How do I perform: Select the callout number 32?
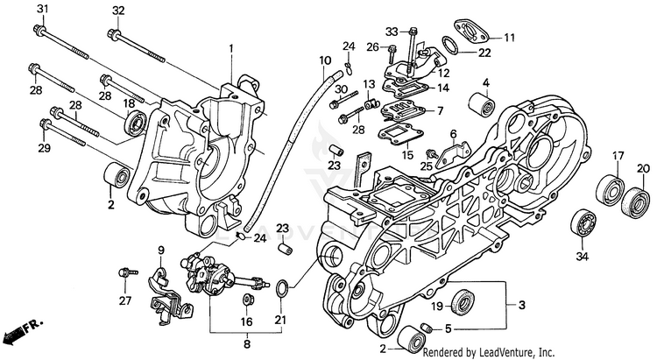[118, 10]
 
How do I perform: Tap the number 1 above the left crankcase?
[232, 47]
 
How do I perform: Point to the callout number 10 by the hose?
[325, 60]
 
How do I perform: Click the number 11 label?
[509, 38]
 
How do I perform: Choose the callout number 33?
[391, 32]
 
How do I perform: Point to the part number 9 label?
[161, 251]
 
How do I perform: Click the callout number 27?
[124, 300]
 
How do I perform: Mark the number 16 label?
[248, 321]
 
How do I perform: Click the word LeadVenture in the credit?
[505, 352]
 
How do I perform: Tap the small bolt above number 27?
[127, 272]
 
